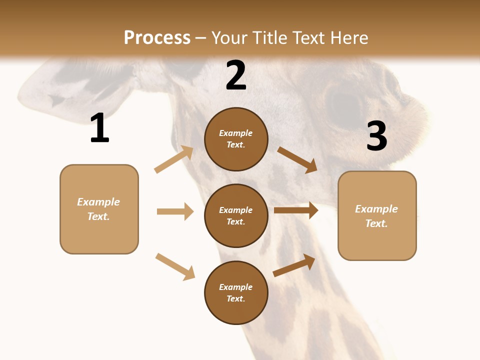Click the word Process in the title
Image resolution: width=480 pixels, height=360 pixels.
point(157,38)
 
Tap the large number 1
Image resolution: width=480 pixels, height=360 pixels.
point(99,128)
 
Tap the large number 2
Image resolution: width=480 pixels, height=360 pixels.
point(236,75)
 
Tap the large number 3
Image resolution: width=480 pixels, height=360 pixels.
point(376,136)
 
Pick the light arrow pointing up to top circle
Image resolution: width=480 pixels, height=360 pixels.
point(174,159)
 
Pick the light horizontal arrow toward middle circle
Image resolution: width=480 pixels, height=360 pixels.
point(175,211)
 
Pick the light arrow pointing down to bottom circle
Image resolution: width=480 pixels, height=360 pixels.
point(175,266)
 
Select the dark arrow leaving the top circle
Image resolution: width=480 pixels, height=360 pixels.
point(297,160)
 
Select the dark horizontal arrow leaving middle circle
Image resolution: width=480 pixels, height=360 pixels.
point(296,210)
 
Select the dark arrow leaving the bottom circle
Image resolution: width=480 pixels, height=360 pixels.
point(294,265)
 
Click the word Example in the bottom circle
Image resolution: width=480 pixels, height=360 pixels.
point(236,287)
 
